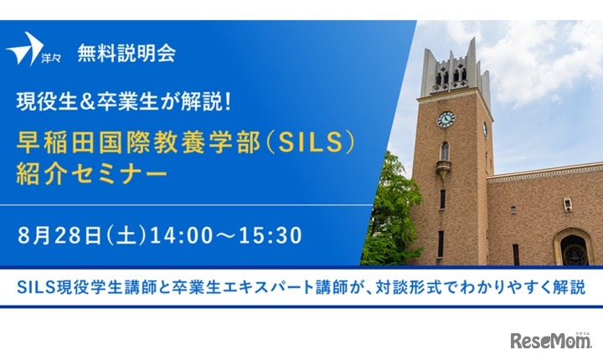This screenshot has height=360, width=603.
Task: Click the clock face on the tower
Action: pyautogui.click(x=446, y=119)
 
